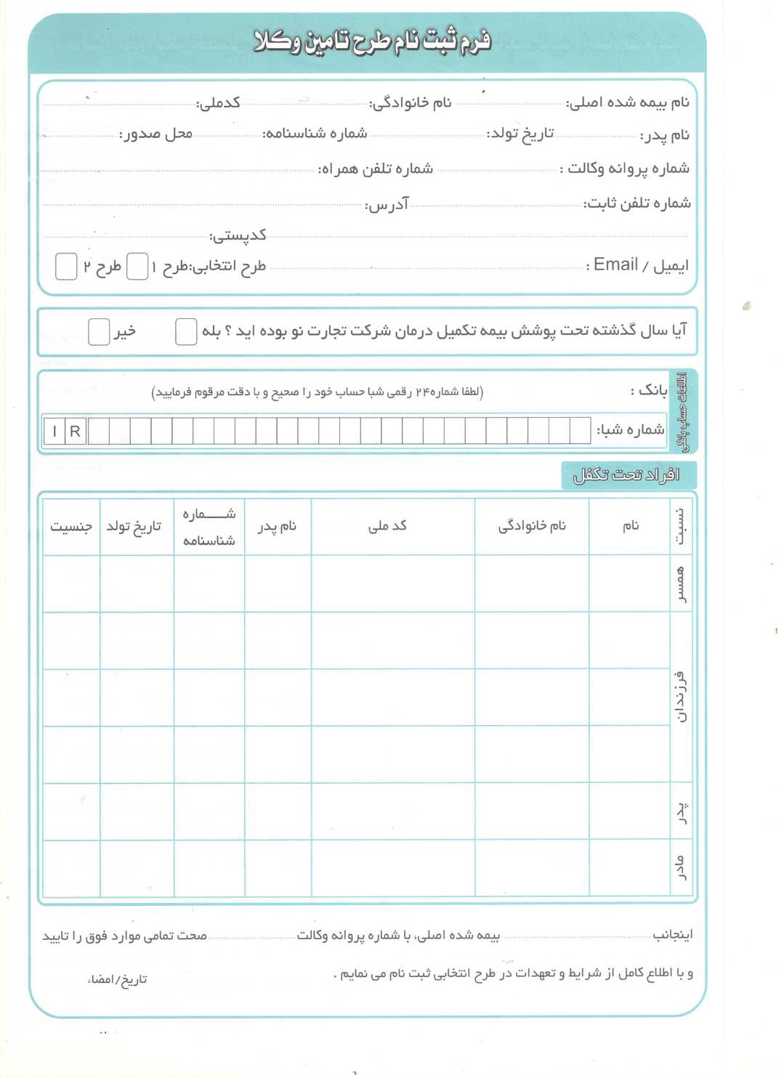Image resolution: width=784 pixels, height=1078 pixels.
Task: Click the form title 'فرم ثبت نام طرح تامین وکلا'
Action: pos(372,41)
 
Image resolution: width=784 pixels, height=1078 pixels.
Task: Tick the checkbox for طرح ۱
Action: pos(137,267)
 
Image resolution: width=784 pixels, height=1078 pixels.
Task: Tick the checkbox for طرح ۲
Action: pos(66,267)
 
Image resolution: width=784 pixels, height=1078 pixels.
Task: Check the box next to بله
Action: pos(186,331)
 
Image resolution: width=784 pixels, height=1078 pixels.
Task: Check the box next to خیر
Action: pos(99,331)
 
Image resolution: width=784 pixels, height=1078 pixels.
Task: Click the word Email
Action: pos(615,264)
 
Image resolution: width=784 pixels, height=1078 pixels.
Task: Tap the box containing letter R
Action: pos(75,431)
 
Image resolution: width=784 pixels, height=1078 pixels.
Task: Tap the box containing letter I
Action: pos(54,431)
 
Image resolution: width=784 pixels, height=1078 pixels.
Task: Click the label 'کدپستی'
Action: pos(238,235)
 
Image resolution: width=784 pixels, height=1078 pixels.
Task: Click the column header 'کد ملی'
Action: pos(387,526)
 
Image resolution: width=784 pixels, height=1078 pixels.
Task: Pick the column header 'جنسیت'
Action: pos(70,526)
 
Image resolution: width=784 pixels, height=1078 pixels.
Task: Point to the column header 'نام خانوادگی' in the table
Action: pos(532,526)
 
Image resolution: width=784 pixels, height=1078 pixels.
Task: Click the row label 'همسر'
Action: pos(681,584)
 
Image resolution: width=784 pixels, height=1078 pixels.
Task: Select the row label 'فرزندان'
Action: pos(681,697)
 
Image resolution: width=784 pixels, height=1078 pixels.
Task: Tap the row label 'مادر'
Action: pos(681,867)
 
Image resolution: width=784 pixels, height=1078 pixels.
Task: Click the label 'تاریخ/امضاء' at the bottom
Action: pos(118,979)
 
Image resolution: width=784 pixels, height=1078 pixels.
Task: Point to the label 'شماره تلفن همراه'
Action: pos(376,169)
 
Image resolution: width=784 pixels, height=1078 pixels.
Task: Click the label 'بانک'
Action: pos(649,391)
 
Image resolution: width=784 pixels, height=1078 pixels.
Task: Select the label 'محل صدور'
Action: pos(156,134)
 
